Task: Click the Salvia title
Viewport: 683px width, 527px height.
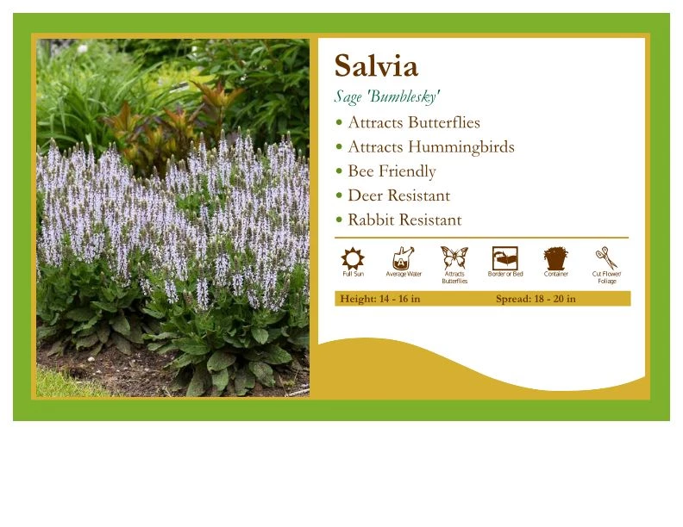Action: click(x=376, y=66)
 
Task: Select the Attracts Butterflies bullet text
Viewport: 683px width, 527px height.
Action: click(x=414, y=123)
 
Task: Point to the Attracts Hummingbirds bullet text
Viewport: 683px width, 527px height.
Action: click(x=430, y=147)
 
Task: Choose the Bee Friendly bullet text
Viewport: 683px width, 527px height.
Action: click(x=392, y=171)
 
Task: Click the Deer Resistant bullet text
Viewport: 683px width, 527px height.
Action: click(x=398, y=195)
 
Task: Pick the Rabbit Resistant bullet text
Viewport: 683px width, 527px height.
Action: click(x=404, y=220)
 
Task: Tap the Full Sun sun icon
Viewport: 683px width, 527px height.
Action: click(x=353, y=258)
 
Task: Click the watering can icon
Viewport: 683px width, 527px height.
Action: click(x=403, y=258)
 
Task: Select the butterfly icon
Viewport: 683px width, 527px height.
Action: click(x=454, y=257)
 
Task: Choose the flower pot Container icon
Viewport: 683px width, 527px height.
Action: click(x=556, y=257)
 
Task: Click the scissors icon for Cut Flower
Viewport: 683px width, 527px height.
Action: click(x=606, y=257)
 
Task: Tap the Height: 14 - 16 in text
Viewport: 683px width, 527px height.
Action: click(x=380, y=299)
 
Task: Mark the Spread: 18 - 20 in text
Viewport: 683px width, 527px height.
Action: click(x=536, y=299)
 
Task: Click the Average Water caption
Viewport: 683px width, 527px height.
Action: click(x=404, y=275)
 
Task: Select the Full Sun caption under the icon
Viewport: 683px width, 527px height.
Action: click(x=353, y=275)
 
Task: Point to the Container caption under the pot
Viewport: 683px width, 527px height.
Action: click(x=556, y=275)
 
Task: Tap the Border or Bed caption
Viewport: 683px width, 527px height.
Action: click(x=505, y=275)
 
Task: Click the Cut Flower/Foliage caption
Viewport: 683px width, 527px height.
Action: click(x=607, y=277)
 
